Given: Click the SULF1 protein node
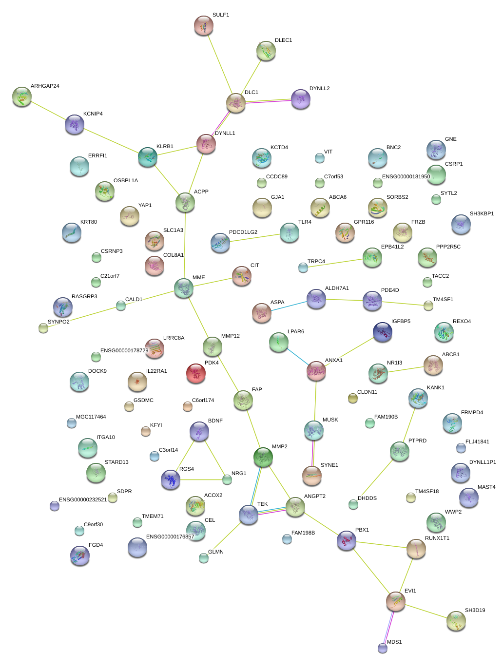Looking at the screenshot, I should click(x=204, y=26).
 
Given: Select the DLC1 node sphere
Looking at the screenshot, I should click(x=236, y=103).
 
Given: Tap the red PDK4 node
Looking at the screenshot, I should click(x=195, y=373).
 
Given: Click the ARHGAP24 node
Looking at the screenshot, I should click(x=22, y=96).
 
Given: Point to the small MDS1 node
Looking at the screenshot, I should click(x=383, y=648).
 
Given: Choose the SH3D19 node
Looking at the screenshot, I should click(x=456, y=621).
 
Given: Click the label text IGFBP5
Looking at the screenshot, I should click(x=401, y=322).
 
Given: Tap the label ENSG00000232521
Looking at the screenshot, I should click(x=83, y=500).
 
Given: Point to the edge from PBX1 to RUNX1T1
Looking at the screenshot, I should click(x=381, y=544).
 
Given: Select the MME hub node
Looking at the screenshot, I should click(x=184, y=288).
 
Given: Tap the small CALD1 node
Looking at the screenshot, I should click(x=121, y=306).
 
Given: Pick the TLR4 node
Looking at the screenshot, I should click(x=290, y=233).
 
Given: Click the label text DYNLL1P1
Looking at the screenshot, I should click(x=483, y=462).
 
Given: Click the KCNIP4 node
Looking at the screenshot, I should click(x=75, y=125).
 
